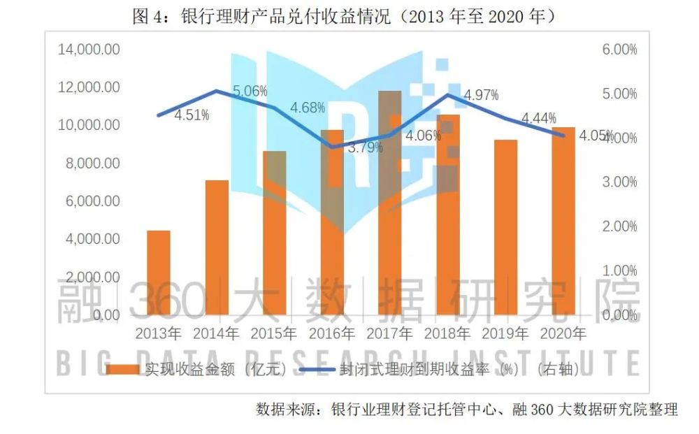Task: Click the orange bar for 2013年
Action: (159, 273)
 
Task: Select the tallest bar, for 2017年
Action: (390, 203)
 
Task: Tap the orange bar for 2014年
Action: (217, 247)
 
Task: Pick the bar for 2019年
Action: (505, 227)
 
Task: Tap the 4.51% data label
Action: (192, 115)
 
